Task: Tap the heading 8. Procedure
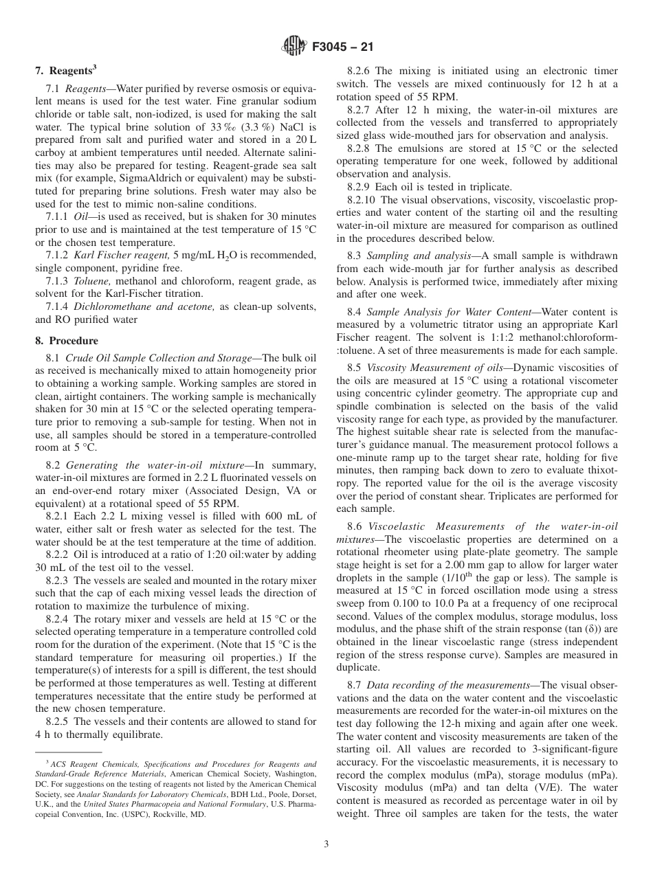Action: coord(67,340)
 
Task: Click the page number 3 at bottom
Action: coord(326,844)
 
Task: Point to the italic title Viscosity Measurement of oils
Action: coord(436,368)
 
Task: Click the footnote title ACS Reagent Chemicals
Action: coord(95,764)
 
